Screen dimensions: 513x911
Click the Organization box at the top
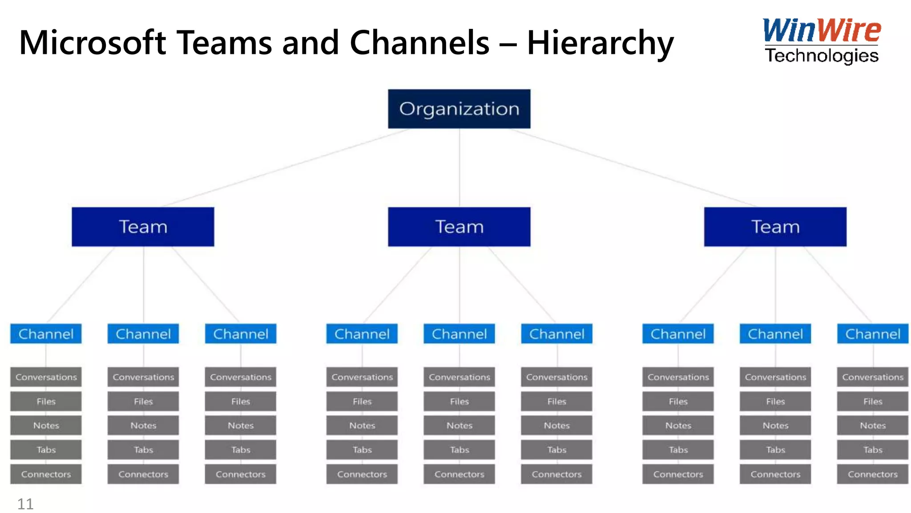(459, 109)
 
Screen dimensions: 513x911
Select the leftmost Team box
(143, 227)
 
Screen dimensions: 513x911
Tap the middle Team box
(459, 227)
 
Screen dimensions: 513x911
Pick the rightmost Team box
(775, 227)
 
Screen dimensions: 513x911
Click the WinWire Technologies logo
(821, 41)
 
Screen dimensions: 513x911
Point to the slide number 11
(25, 504)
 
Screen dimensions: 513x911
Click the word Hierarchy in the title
(600, 43)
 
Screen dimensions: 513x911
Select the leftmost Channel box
(46, 334)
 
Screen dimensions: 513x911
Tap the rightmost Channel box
(872, 334)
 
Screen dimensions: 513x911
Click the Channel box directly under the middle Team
(459, 334)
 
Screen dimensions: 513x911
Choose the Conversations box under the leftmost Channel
(46, 377)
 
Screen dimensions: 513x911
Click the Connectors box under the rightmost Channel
(872, 474)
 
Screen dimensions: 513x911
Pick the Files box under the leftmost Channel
(46, 402)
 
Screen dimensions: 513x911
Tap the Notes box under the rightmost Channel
(872, 426)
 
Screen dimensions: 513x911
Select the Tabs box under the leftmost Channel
(46, 450)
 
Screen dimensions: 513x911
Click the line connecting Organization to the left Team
(285, 168)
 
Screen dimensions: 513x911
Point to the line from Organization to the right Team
(634, 168)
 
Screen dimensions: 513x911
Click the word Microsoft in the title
(93, 43)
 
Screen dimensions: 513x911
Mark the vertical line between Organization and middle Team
(460, 168)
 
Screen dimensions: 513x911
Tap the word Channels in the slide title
(419, 43)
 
